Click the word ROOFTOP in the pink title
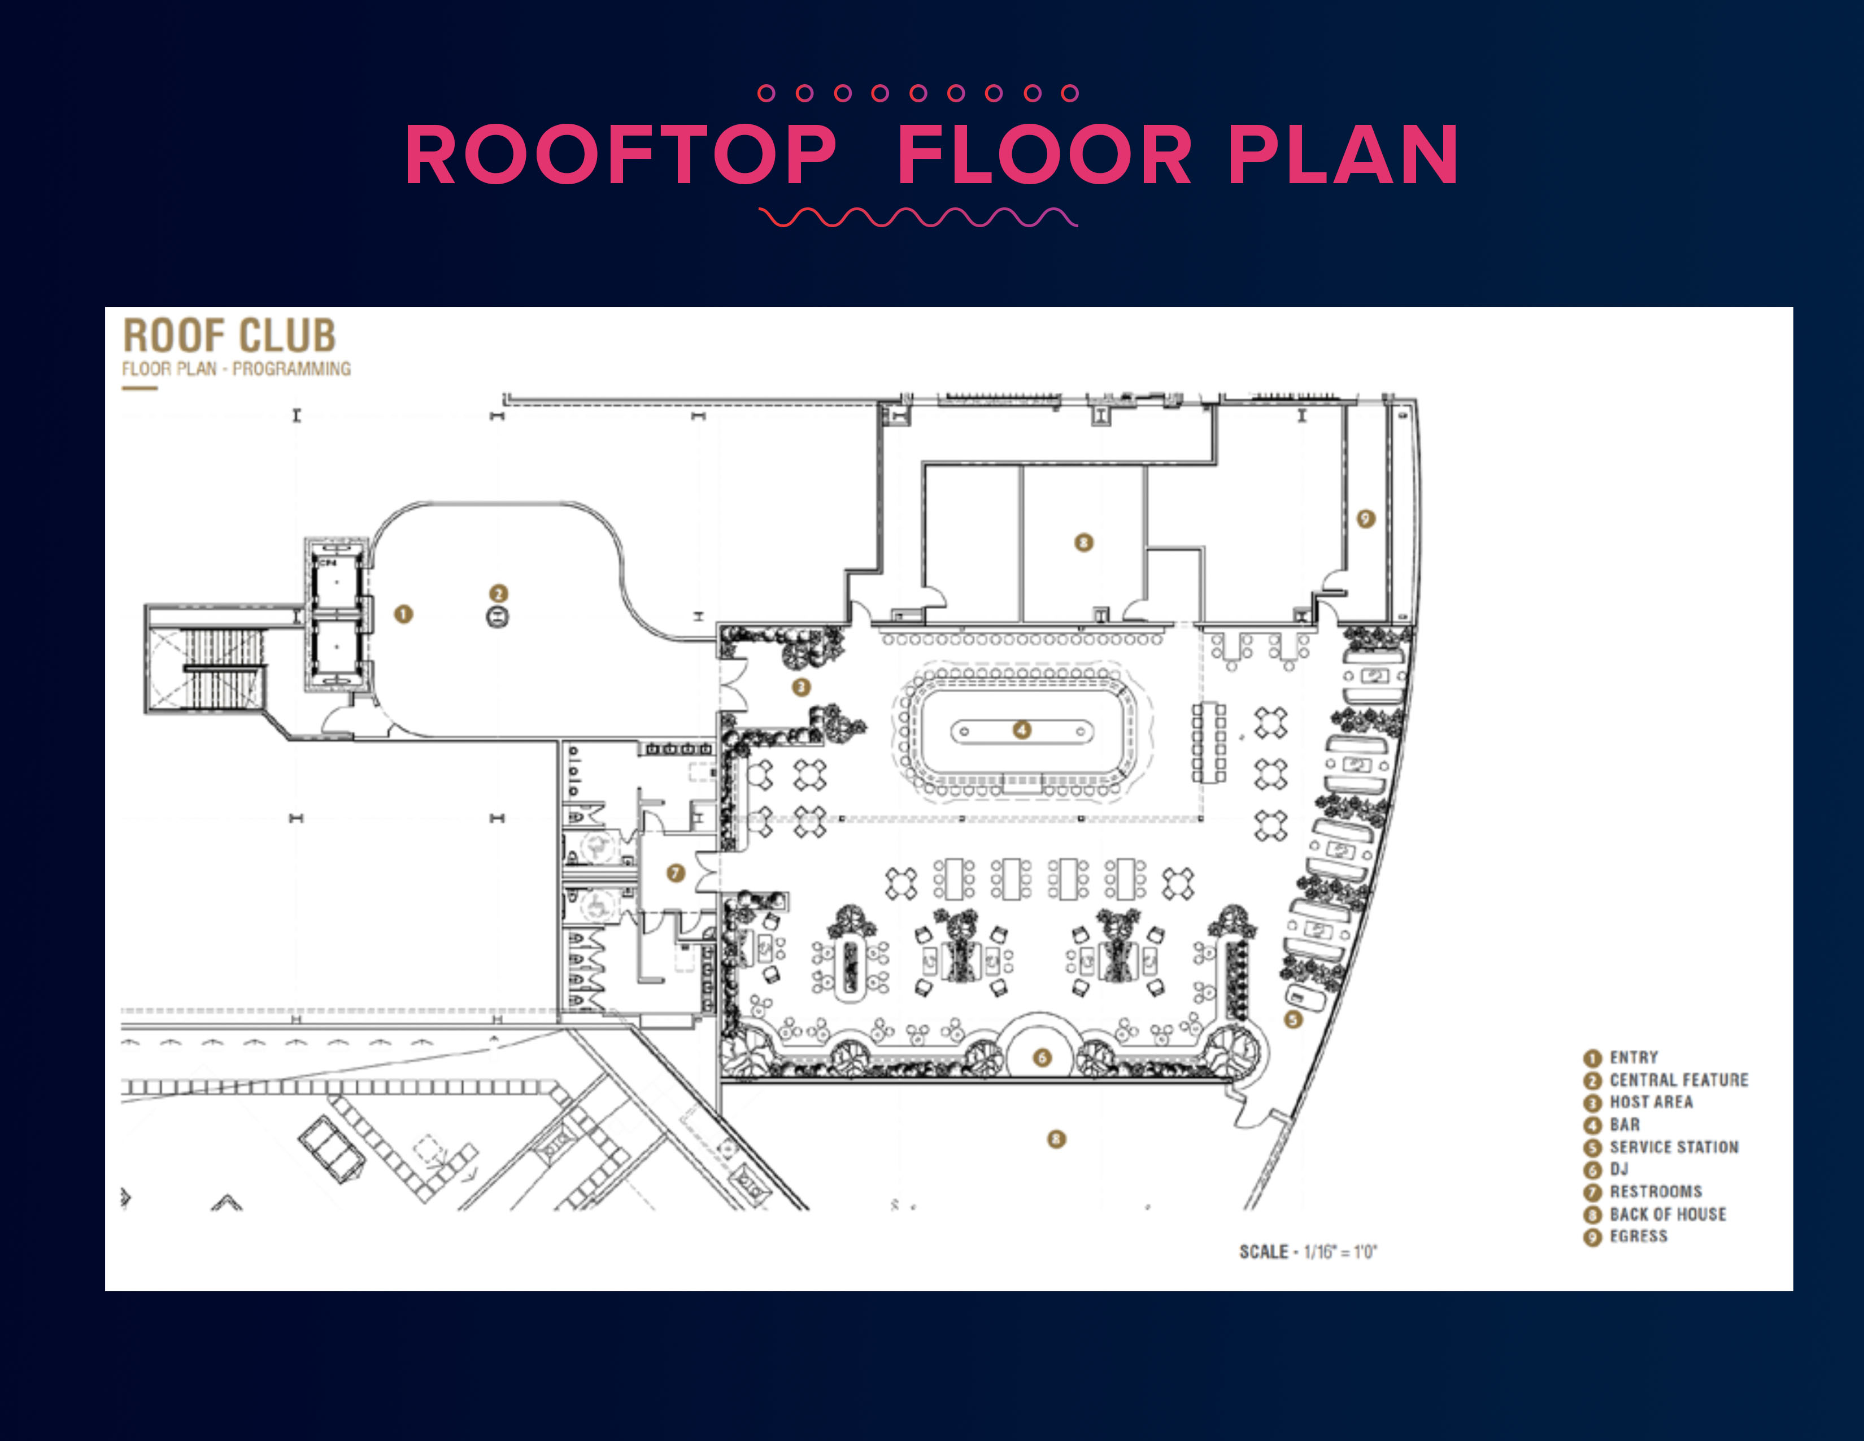click(x=620, y=155)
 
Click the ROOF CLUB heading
click(x=229, y=336)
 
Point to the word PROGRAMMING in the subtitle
click(x=291, y=369)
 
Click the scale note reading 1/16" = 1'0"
click(x=1340, y=1252)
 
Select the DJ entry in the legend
click(x=1618, y=1169)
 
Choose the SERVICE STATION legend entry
click(x=1673, y=1147)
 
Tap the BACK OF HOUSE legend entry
click(x=1667, y=1214)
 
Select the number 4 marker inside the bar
click(x=1022, y=730)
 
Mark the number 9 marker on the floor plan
click(x=1366, y=518)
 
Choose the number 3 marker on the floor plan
click(x=800, y=687)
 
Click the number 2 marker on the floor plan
click(x=498, y=593)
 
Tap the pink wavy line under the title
click(x=918, y=218)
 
